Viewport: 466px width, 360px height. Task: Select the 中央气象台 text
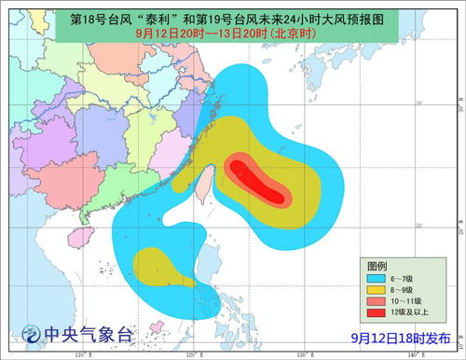click(x=89, y=333)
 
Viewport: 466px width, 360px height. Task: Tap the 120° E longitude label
click(x=193, y=354)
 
